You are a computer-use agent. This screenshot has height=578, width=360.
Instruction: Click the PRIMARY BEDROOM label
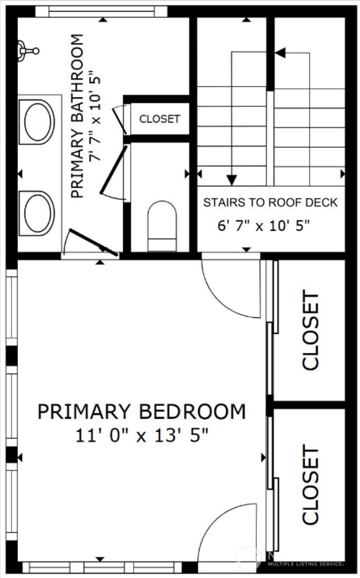pyautogui.click(x=141, y=411)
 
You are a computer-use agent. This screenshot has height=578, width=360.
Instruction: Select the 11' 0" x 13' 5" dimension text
pyautogui.click(x=141, y=435)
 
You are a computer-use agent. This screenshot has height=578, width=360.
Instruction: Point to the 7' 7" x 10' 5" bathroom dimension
pyautogui.click(x=95, y=116)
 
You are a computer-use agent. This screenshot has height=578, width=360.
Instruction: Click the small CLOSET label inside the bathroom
pyautogui.click(x=159, y=119)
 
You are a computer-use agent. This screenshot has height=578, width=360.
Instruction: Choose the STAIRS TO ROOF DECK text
pyautogui.click(x=271, y=203)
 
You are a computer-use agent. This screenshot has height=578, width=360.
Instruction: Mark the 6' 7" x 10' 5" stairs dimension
pyautogui.click(x=263, y=226)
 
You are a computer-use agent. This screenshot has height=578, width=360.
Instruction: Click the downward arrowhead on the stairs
pyautogui.click(x=232, y=180)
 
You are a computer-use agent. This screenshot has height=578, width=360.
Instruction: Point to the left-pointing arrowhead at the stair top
pyautogui.click(x=280, y=53)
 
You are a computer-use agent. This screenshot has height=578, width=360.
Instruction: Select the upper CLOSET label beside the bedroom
pyautogui.click(x=310, y=331)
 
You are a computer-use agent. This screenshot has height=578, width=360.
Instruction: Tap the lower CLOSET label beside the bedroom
pyautogui.click(x=310, y=485)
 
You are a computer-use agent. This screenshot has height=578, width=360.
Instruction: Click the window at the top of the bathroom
pyautogui.click(x=102, y=12)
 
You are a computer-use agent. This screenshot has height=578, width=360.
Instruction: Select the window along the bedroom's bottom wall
pyautogui.click(x=102, y=568)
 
